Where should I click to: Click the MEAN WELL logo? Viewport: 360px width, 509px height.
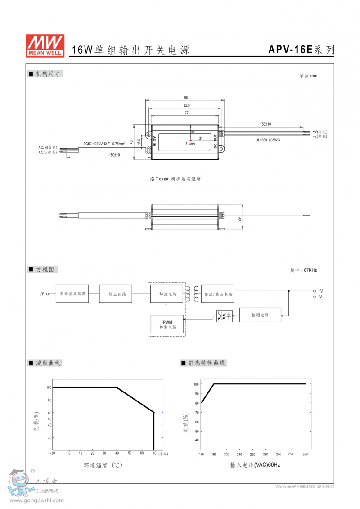[45, 46]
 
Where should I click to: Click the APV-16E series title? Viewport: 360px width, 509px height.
[301, 50]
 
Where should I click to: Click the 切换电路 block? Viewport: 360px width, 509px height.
[166, 294]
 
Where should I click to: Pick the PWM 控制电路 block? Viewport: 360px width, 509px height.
[166, 324]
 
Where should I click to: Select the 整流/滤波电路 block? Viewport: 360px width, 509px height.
[218, 294]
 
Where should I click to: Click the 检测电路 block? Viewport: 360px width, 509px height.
[260, 315]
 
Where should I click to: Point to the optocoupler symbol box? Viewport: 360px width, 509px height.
[225, 316]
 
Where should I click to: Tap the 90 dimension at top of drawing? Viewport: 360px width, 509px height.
[186, 98]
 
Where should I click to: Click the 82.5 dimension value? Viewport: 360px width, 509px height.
[186, 105]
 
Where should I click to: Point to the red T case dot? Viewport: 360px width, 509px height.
[191, 140]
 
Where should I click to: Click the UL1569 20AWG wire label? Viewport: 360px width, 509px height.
[268, 140]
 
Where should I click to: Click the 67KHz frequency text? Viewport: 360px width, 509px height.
[310, 270]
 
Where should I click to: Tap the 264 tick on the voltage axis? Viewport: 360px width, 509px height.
[305, 455]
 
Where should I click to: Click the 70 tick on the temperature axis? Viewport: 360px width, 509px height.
[154, 453]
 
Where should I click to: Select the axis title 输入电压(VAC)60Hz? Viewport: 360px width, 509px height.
[255, 465]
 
